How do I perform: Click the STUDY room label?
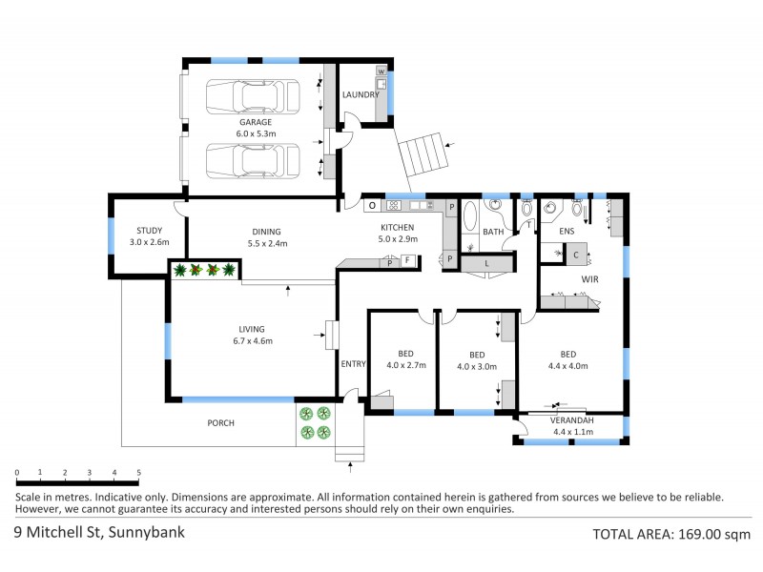(x=149, y=231)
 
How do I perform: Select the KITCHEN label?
(x=398, y=227)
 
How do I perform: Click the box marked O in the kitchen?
(x=371, y=206)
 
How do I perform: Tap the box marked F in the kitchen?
(x=406, y=261)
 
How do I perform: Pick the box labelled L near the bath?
(x=487, y=262)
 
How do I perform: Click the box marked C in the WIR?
(x=576, y=255)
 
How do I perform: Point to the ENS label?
(x=567, y=232)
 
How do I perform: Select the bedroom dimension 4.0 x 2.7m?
(x=405, y=365)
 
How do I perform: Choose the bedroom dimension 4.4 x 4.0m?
(x=567, y=365)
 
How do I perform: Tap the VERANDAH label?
(x=573, y=420)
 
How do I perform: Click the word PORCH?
(x=221, y=423)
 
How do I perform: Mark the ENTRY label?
(x=353, y=363)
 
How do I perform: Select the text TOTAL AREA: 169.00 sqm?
(x=671, y=534)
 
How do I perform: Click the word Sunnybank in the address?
(x=146, y=532)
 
